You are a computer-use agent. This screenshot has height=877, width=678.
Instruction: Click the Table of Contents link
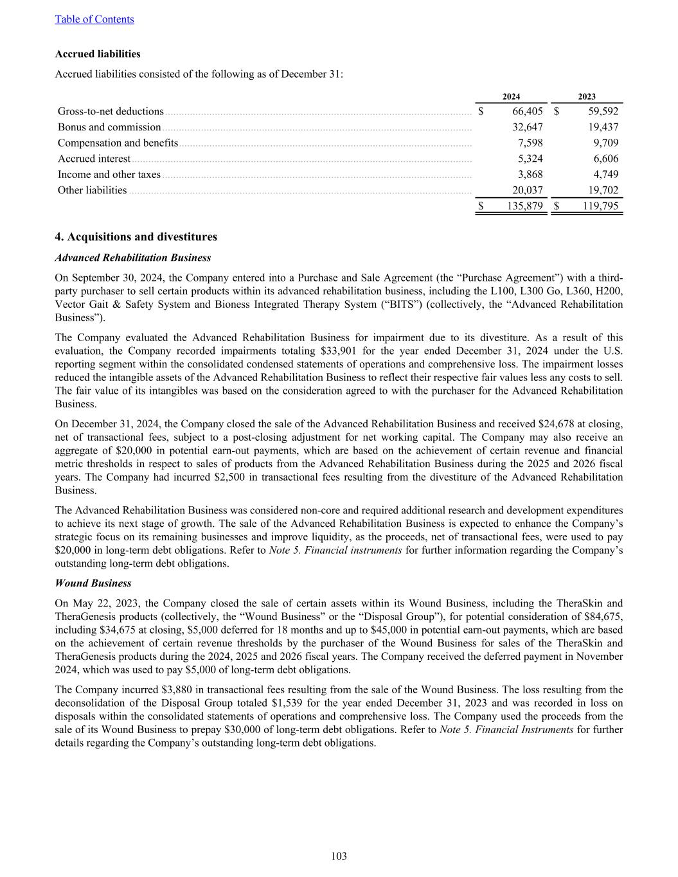[94, 19]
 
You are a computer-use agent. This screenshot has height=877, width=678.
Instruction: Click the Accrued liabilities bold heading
[98, 54]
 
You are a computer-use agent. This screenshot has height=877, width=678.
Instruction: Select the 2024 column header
[511, 96]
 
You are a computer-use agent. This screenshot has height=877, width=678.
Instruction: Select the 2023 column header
[586, 96]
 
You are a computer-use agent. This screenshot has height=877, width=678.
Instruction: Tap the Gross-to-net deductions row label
[111, 111]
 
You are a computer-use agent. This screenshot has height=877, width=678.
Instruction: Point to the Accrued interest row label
[94, 159]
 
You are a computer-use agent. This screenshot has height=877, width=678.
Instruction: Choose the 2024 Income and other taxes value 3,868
[530, 174]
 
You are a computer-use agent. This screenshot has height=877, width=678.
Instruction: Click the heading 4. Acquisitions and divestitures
[136, 237]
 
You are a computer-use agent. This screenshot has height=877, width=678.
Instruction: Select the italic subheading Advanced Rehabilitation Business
[133, 258]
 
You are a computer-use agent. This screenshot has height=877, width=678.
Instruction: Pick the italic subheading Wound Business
[93, 583]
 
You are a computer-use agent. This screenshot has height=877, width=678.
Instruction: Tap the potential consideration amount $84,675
[604, 617]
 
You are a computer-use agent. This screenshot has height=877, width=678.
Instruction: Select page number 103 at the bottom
[339, 856]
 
